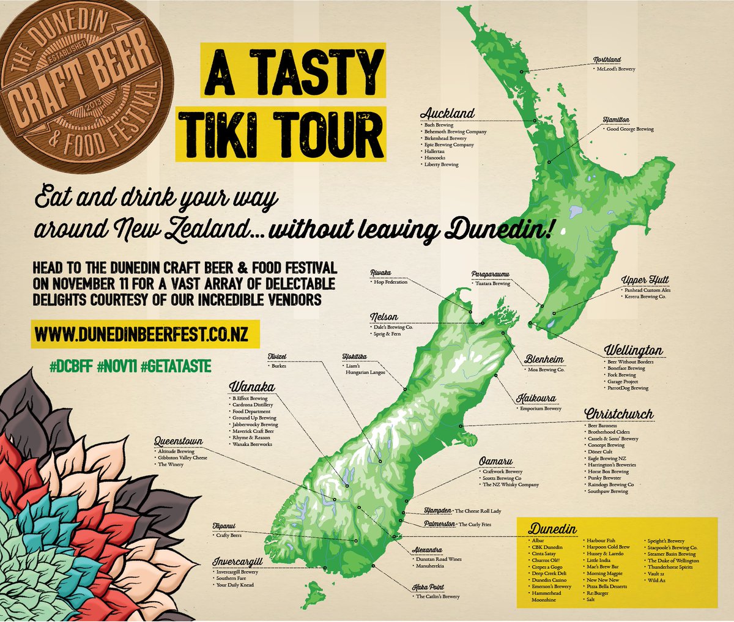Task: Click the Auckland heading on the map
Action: (447, 113)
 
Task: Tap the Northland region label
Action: (607, 60)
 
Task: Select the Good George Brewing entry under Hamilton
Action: (630, 130)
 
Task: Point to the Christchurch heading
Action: (618, 414)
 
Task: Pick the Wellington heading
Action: (633, 350)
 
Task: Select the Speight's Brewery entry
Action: (667, 541)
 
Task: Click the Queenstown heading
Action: (179, 441)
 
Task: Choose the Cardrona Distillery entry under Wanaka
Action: (253, 405)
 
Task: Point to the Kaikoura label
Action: (536, 398)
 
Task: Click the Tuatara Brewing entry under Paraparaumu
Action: (492, 284)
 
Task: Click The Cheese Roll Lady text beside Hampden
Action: (478, 511)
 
